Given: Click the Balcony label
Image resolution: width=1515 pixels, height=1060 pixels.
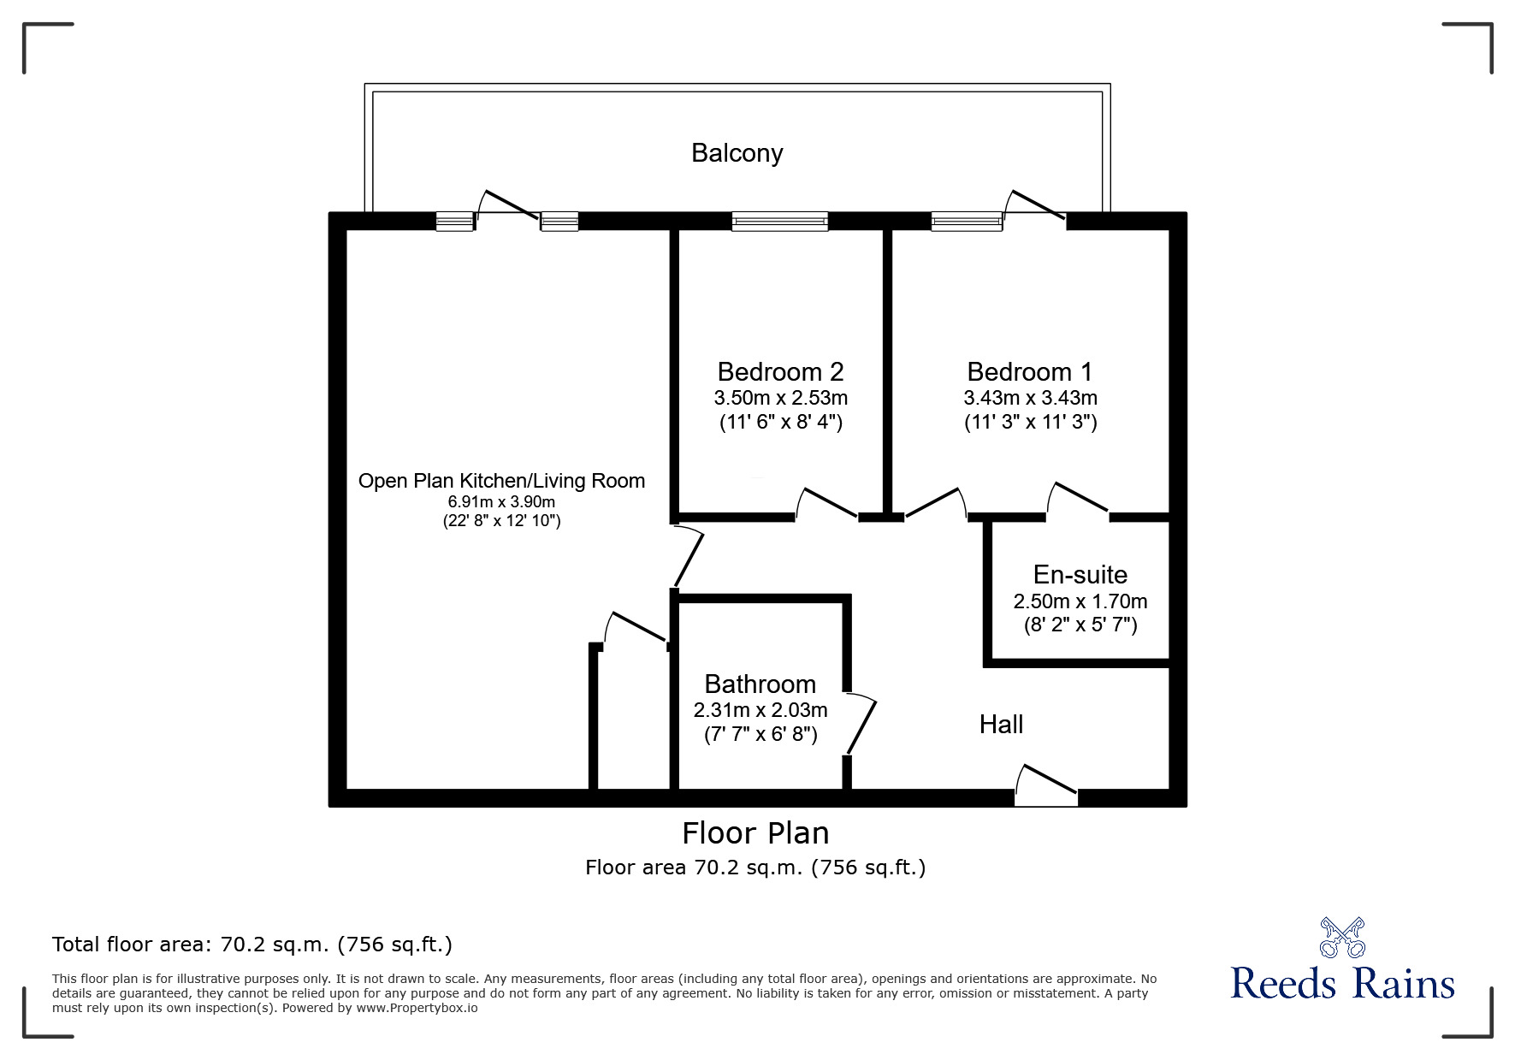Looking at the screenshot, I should tap(737, 153).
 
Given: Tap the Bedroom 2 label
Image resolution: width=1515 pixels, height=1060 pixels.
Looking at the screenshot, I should tap(780, 372).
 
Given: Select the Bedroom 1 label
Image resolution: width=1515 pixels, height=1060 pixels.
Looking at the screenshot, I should tap(1029, 372).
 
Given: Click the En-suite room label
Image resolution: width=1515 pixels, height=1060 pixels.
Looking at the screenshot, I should tap(1080, 574).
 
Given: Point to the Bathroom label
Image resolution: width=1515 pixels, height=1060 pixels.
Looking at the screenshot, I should tap(760, 684).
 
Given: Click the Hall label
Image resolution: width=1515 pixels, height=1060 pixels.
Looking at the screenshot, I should tap(1001, 725).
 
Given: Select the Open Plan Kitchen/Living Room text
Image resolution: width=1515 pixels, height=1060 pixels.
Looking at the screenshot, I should tap(501, 481).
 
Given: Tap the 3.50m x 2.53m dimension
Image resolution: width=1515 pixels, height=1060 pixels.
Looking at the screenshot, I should tap(780, 398).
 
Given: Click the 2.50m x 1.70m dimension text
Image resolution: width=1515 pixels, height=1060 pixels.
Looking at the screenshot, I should tap(1080, 601).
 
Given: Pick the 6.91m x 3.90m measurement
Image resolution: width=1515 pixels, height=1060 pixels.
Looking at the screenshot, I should tap(501, 501).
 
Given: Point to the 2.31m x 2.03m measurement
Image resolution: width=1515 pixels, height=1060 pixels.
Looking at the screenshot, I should tap(760, 710).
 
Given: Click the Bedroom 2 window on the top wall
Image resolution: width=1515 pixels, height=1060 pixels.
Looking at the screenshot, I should tap(779, 222).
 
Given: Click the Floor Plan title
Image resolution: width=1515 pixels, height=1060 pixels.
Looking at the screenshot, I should tap(755, 833).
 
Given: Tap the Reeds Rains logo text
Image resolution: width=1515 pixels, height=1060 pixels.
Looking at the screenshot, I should tap(1342, 984).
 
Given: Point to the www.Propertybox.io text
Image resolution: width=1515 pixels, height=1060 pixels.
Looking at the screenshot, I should tap(417, 1008).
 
